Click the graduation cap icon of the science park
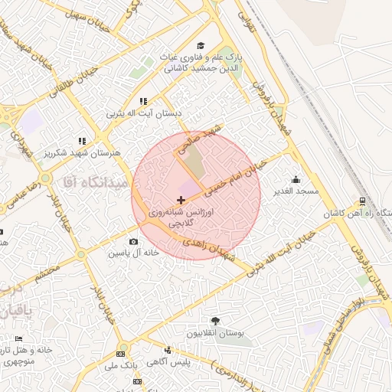click(x=201, y=46)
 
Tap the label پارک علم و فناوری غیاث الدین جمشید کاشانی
click(x=200, y=62)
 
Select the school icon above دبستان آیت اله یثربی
click(x=142, y=101)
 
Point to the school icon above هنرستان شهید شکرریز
click(x=82, y=141)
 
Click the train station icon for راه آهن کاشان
click(x=361, y=201)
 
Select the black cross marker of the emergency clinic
click(x=181, y=199)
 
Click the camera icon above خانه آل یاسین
click(x=133, y=242)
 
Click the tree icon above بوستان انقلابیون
click(x=215, y=321)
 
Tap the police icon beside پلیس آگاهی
click(x=168, y=350)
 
